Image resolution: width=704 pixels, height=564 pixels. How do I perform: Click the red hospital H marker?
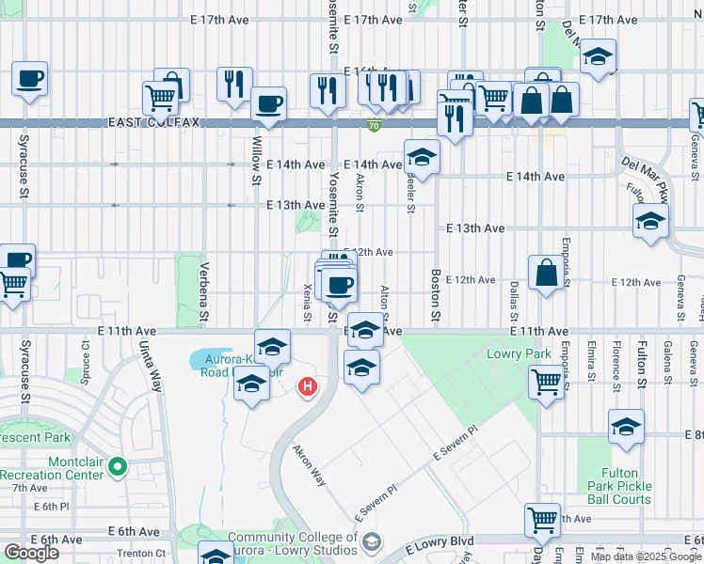[x=307, y=386]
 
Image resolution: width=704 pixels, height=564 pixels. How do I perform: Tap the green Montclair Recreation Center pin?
[x=117, y=465]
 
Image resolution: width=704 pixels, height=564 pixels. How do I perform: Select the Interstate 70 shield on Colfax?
[x=374, y=124]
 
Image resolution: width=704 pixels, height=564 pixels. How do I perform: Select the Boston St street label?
[x=436, y=296]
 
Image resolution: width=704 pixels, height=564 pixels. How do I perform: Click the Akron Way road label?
[x=308, y=464]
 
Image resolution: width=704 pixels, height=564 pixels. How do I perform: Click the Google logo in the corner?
[x=31, y=553]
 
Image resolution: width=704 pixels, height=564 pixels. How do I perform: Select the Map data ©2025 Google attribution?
[x=646, y=556]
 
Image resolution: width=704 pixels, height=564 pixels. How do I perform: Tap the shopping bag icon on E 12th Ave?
[x=546, y=274]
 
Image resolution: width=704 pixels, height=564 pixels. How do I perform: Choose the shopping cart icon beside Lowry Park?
[x=545, y=382]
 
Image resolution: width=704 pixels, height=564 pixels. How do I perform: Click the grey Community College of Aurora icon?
[x=373, y=541]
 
